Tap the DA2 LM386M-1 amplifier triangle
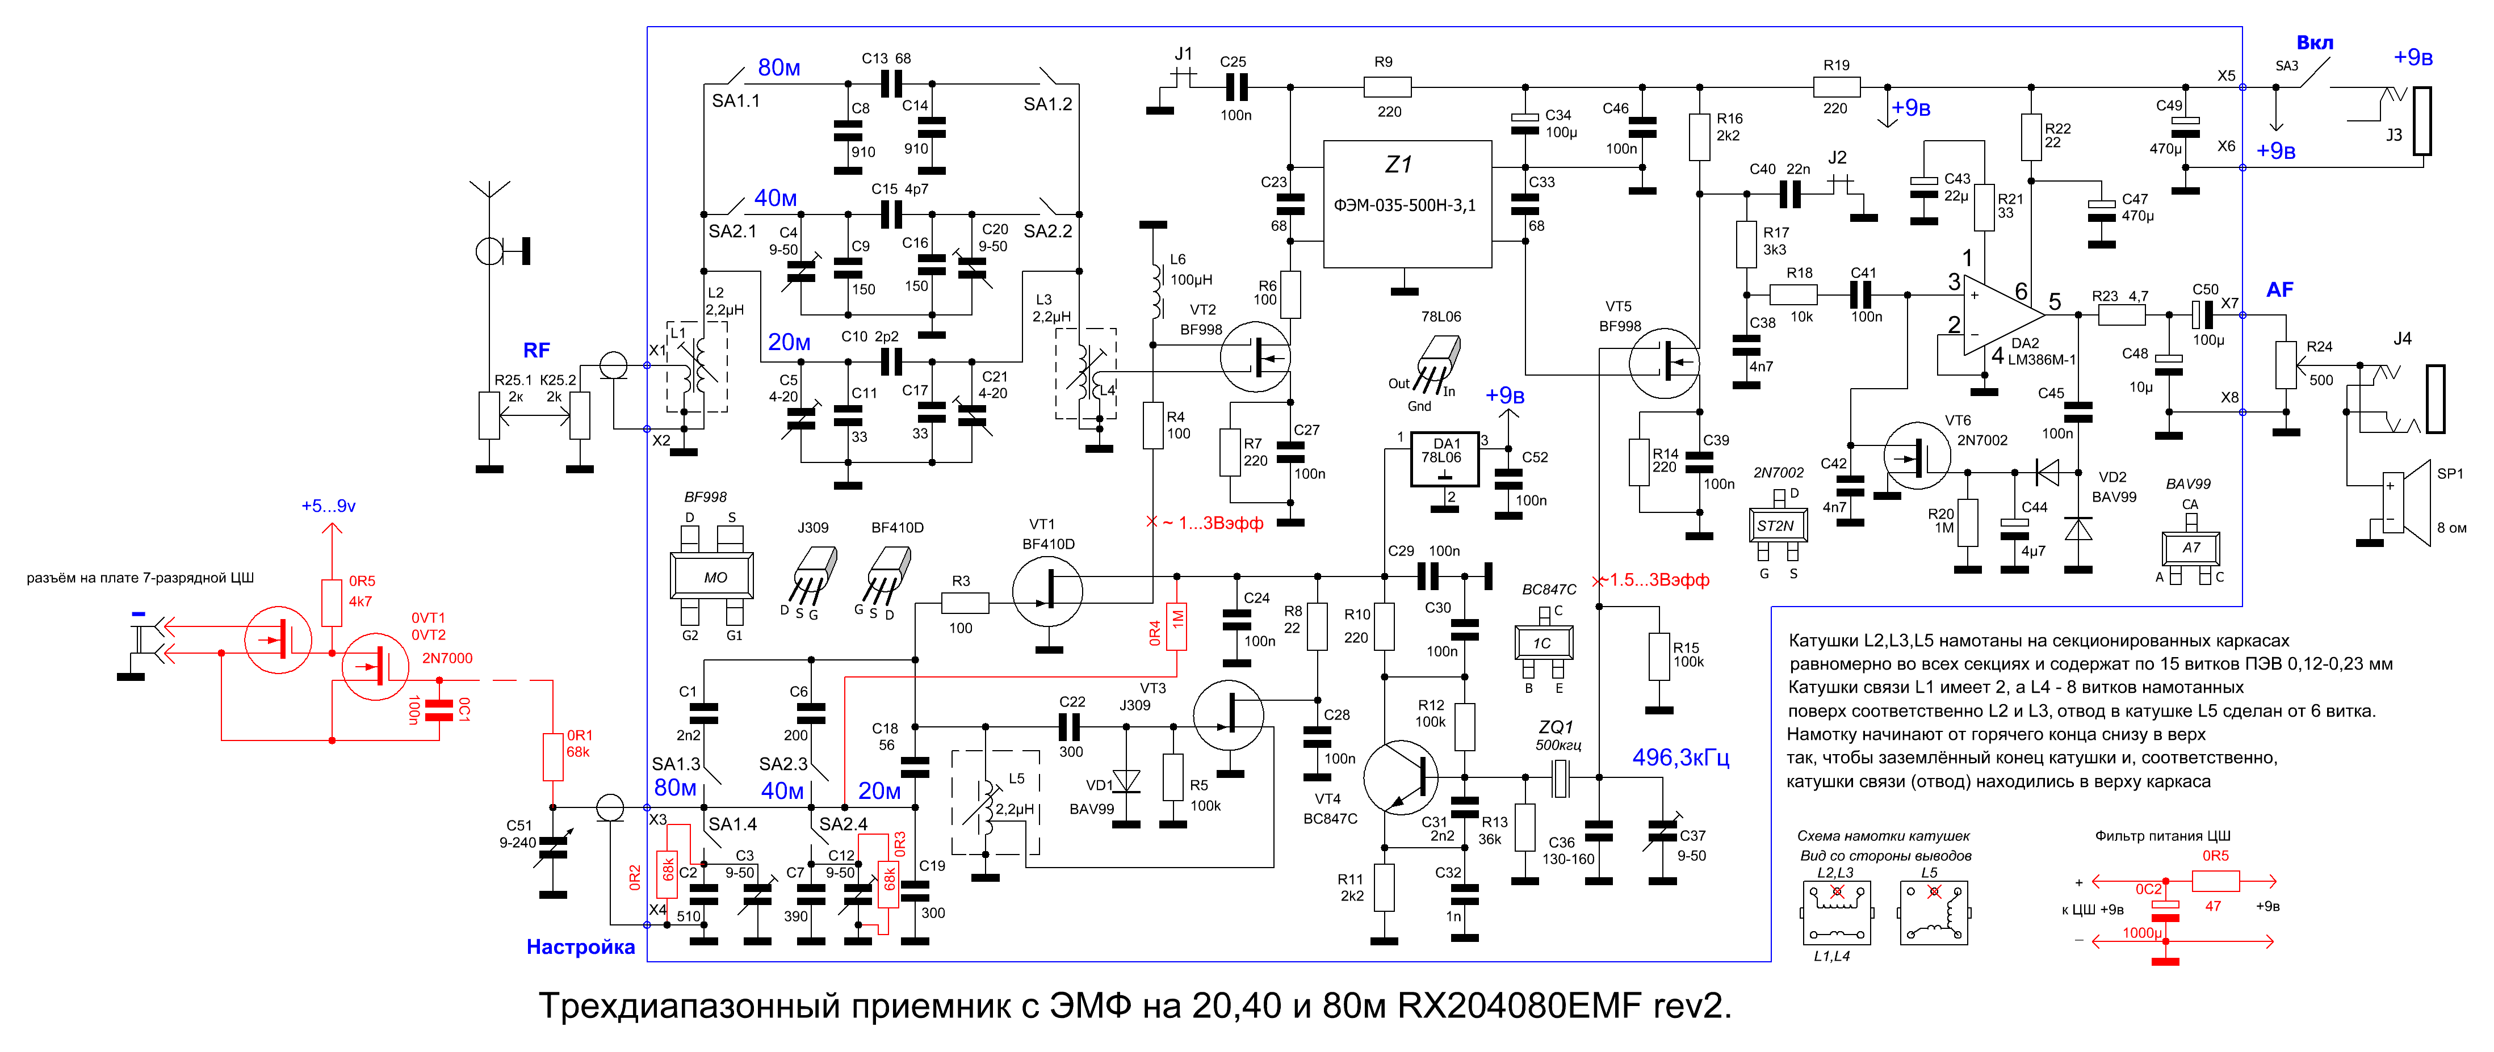[2002, 314]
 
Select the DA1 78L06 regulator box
[1444, 458]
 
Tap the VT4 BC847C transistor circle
[1401, 777]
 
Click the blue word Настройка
[580, 946]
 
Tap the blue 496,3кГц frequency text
[1680, 757]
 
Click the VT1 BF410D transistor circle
[1047, 590]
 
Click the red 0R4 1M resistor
[1177, 626]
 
